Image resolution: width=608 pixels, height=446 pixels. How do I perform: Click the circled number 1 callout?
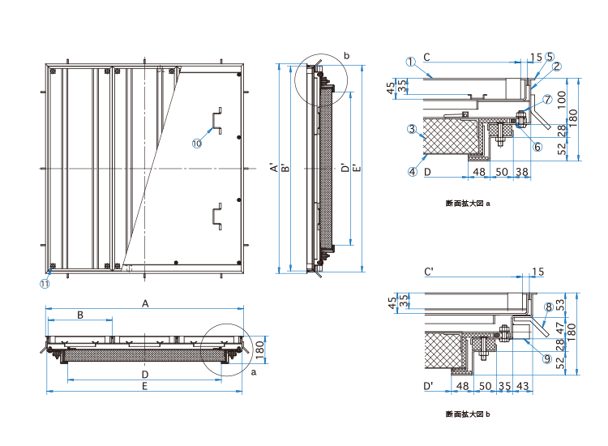click(x=411, y=61)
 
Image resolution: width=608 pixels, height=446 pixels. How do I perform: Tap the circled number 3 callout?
click(x=412, y=129)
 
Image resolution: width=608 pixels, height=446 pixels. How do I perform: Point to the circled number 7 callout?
click(x=547, y=99)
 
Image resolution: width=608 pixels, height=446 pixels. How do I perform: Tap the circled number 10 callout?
click(x=196, y=144)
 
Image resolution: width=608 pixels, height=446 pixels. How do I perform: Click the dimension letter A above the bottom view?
click(x=146, y=302)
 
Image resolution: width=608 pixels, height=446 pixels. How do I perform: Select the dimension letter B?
click(x=80, y=314)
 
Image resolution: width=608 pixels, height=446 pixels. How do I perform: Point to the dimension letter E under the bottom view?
click(x=144, y=387)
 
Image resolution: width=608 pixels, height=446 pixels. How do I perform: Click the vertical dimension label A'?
click(x=273, y=169)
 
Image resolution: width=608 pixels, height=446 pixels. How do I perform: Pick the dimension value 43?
click(x=523, y=385)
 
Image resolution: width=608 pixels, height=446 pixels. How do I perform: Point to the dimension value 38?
click(x=522, y=172)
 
